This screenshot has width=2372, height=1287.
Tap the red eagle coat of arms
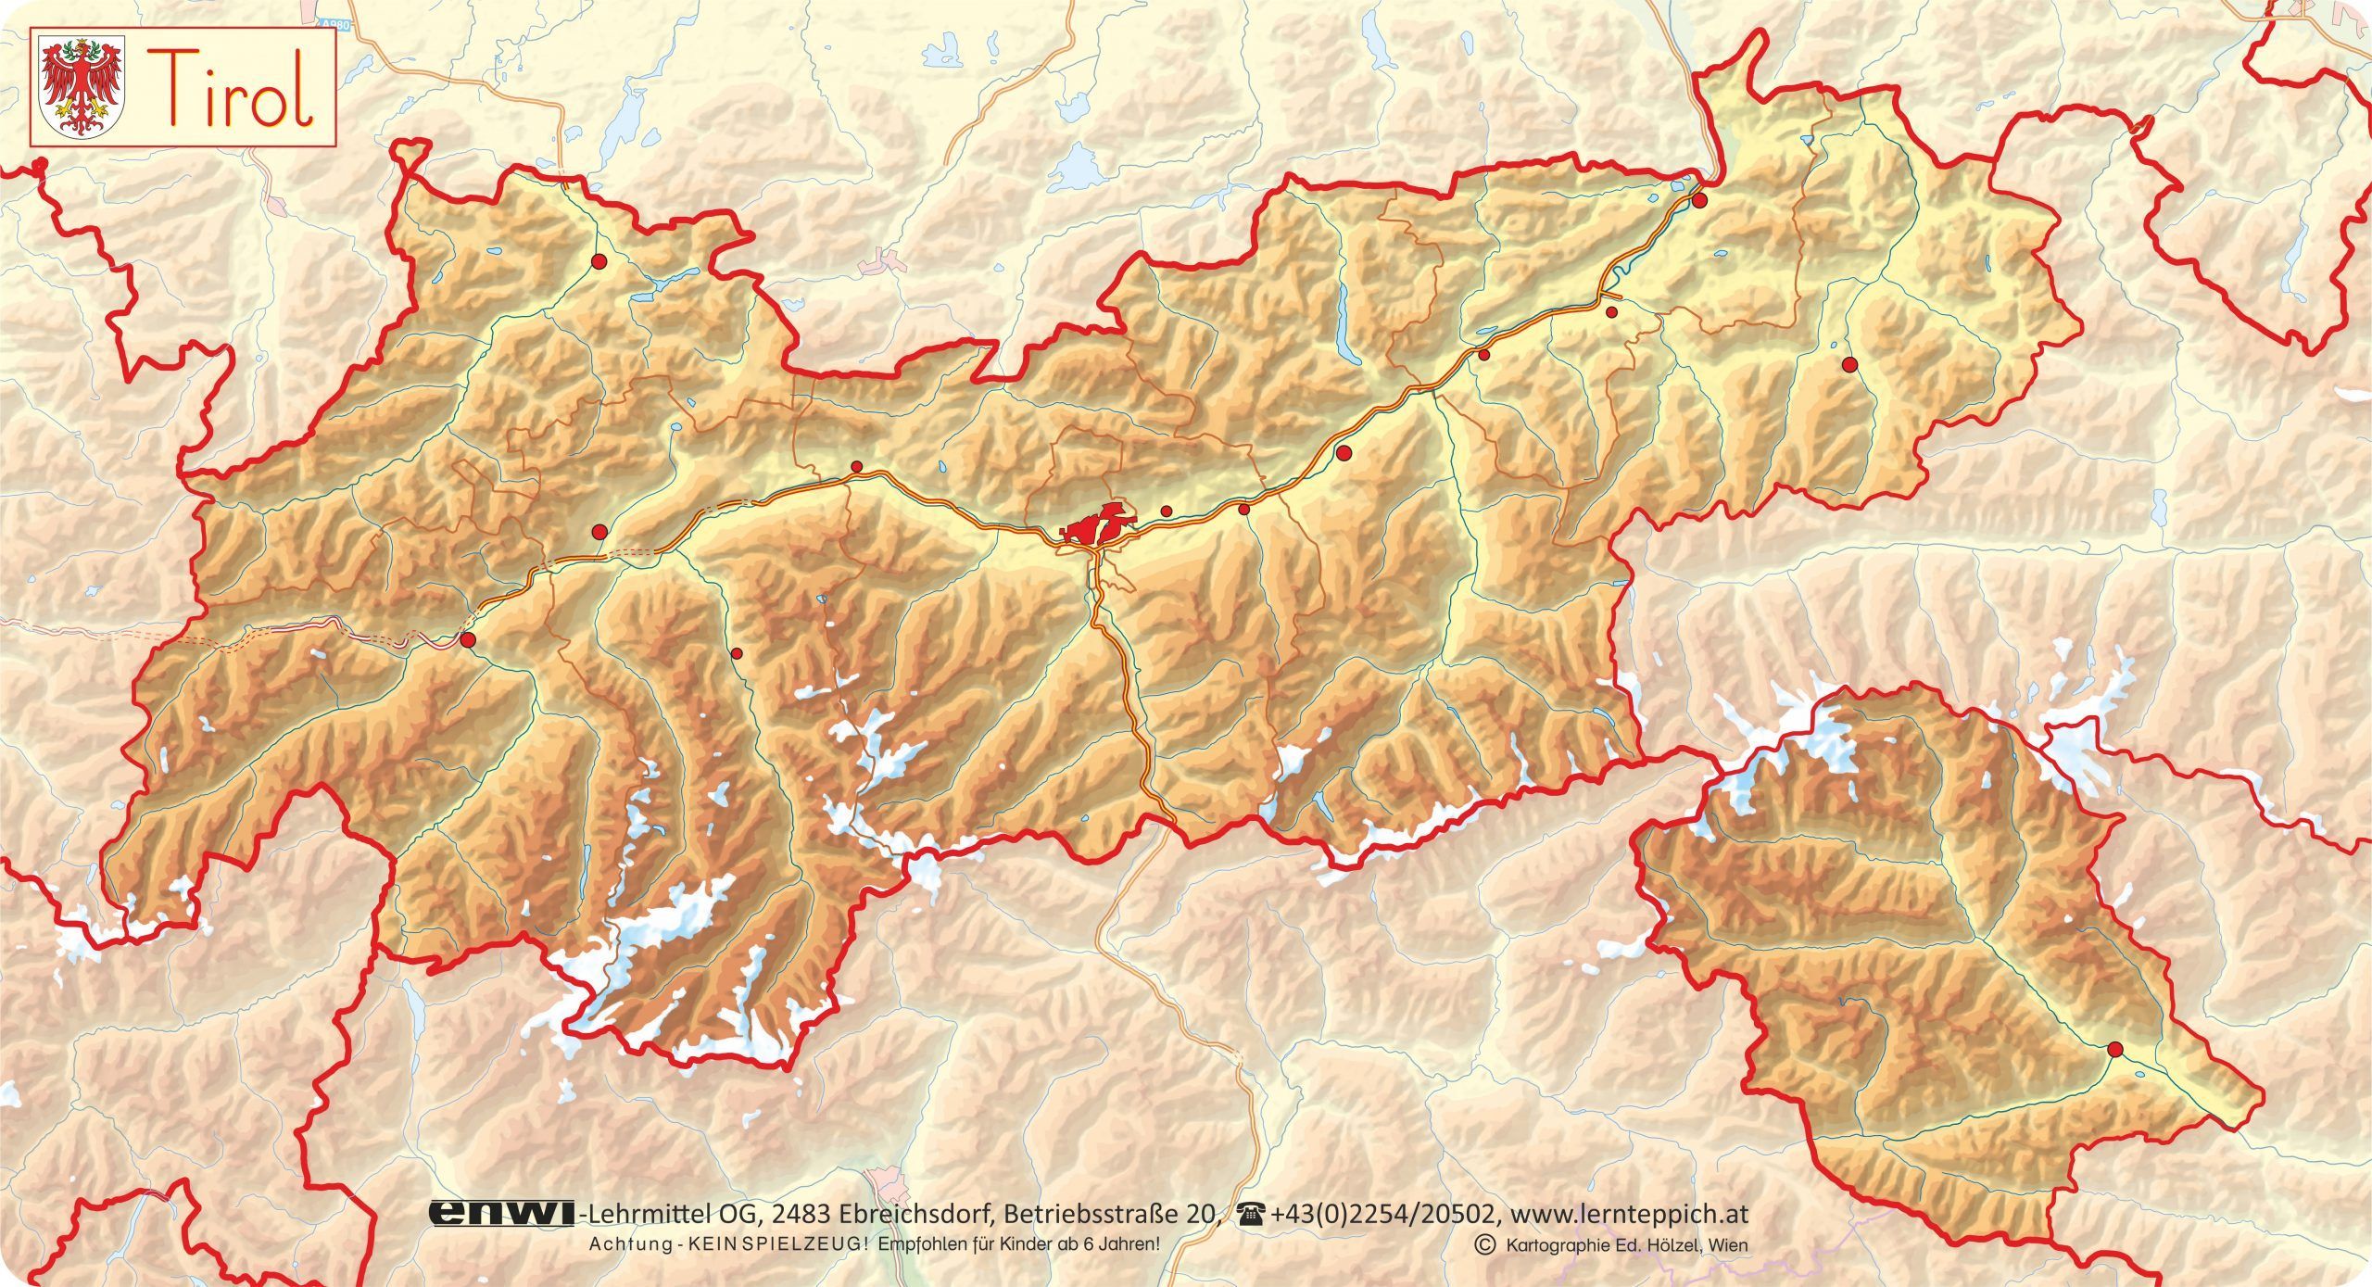(84, 87)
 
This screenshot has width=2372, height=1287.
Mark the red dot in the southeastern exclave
(2114, 1049)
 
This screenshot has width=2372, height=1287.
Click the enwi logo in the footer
(500, 1214)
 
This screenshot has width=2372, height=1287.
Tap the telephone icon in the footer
(1255, 1213)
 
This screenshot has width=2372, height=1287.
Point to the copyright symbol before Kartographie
(1485, 1244)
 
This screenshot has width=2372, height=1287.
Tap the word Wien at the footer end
(1729, 1244)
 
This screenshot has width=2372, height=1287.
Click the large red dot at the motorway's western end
(468, 639)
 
